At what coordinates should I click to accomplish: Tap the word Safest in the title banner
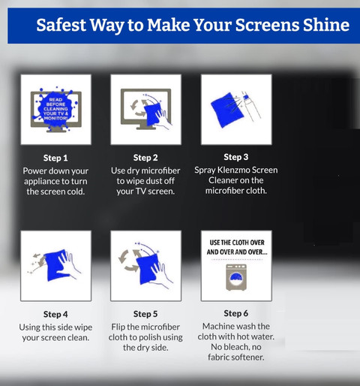(61, 25)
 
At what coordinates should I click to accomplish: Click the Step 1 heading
(55, 158)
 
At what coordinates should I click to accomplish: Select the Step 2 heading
(145, 158)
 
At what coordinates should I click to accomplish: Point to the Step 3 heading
(236, 157)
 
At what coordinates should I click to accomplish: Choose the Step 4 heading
(55, 314)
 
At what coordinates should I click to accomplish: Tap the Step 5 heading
(145, 314)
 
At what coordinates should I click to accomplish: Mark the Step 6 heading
(236, 313)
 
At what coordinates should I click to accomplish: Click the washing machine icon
(236, 277)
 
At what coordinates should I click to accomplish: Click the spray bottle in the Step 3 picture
(250, 106)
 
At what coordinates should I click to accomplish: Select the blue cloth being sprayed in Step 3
(226, 110)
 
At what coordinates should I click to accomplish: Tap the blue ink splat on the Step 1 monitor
(55, 109)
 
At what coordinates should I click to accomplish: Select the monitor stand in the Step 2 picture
(145, 126)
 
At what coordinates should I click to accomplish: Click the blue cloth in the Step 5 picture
(148, 269)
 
